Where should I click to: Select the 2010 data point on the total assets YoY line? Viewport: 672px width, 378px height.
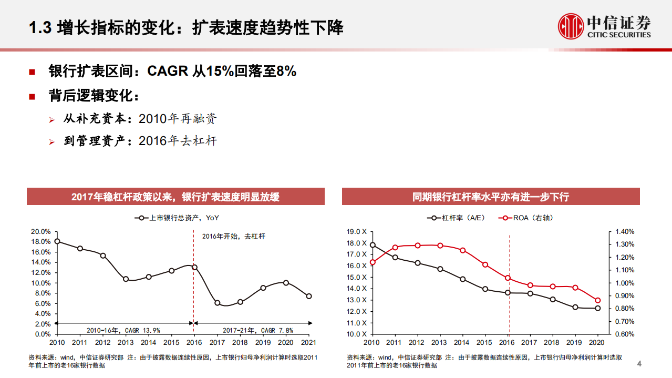point(57,241)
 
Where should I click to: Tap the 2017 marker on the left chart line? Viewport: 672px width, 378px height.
point(218,303)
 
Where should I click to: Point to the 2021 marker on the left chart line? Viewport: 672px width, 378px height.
point(309,296)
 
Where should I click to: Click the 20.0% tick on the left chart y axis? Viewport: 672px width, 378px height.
point(41,231)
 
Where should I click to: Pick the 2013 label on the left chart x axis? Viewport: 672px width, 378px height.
point(126,342)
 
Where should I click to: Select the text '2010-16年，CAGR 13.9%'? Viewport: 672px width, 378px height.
point(123,330)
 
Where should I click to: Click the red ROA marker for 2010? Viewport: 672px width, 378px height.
point(373,262)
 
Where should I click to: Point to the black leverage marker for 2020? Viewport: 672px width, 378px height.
point(597,308)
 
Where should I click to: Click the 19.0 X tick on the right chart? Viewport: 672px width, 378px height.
point(357,231)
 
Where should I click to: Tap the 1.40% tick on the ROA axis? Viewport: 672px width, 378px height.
point(625,231)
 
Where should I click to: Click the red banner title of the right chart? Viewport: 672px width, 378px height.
point(491,197)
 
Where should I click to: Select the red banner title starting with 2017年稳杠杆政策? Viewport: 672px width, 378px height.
point(175,197)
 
